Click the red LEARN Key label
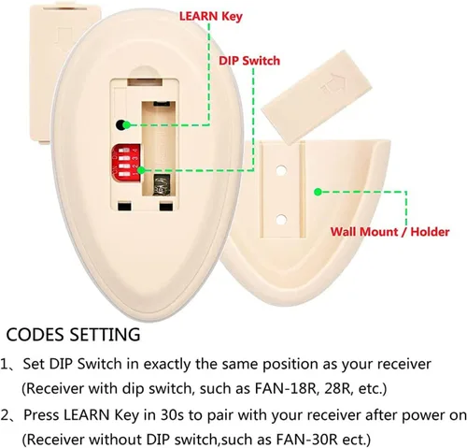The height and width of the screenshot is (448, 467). pyautogui.click(x=211, y=16)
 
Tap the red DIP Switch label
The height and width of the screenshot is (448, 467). pyautogui.click(x=249, y=61)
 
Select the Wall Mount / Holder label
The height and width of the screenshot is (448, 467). pyautogui.click(x=389, y=232)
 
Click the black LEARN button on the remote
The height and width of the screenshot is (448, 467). pyautogui.click(x=120, y=124)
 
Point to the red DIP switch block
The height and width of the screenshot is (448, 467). pyautogui.click(x=126, y=163)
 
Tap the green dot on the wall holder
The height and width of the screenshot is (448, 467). pyautogui.click(x=318, y=192)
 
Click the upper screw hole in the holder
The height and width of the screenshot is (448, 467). pyautogui.click(x=281, y=170)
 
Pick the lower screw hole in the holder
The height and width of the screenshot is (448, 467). pyautogui.click(x=281, y=220)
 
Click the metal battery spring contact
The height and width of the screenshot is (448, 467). pyautogui.click(x=163, y=185)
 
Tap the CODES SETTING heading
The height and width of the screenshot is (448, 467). pyautogui.click(x=73, y=334)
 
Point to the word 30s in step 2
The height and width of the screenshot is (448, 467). pyautogui.click(x=172, y=415)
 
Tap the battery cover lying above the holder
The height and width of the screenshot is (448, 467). pyautogui.click(x=316, y=96)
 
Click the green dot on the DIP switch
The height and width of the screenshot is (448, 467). pyautogui.click(x=141, y=170)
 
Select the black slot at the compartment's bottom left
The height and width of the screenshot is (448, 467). pyautogui.click(x=125, y=207)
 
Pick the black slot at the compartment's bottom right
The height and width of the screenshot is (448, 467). pyautogui.click(x=165, y=207)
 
